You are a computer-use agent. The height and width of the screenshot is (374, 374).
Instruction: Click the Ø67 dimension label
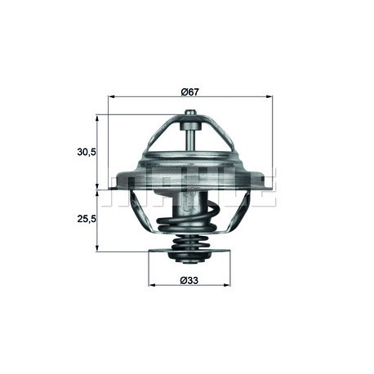click(x=190, y=92)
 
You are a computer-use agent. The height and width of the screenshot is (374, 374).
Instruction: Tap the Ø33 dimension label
click(x=189, y=280)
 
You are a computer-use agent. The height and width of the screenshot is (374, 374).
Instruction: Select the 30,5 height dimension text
click(x=87, y=152)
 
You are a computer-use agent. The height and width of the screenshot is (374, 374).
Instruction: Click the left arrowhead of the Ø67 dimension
click(x=112, y=96)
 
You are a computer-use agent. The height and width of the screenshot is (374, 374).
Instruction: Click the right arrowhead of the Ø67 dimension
click(x=269, y=96)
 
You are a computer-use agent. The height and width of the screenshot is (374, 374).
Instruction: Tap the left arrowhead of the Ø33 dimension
click(x=152, y=285)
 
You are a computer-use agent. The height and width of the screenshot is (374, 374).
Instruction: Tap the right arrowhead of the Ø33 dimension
click(x=227, y=285)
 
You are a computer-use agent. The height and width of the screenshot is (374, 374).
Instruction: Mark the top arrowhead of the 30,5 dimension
click(x=97, y=118)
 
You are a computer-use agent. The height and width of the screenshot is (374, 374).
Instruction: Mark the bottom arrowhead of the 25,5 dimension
click(x=97, y=247)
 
